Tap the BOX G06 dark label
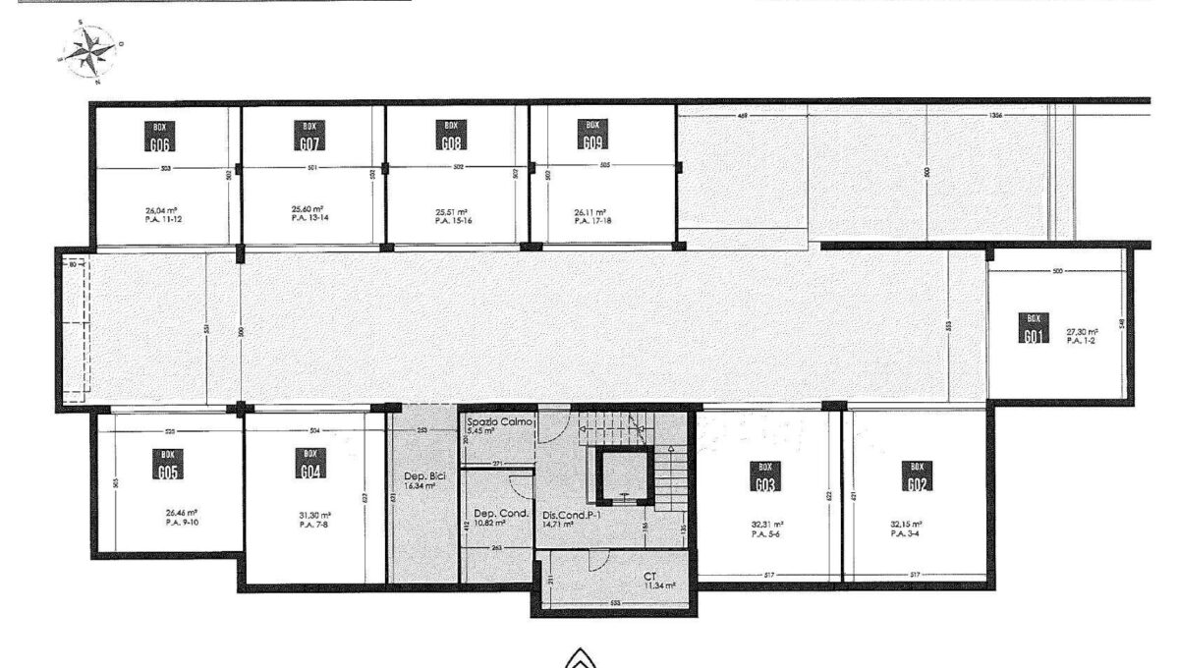158,135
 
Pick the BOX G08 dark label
451,135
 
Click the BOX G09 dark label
592,135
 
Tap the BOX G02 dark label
916,475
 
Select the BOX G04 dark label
310,463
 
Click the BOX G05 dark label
167,465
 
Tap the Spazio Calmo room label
500,421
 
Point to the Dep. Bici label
425,476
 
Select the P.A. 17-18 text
589,219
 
